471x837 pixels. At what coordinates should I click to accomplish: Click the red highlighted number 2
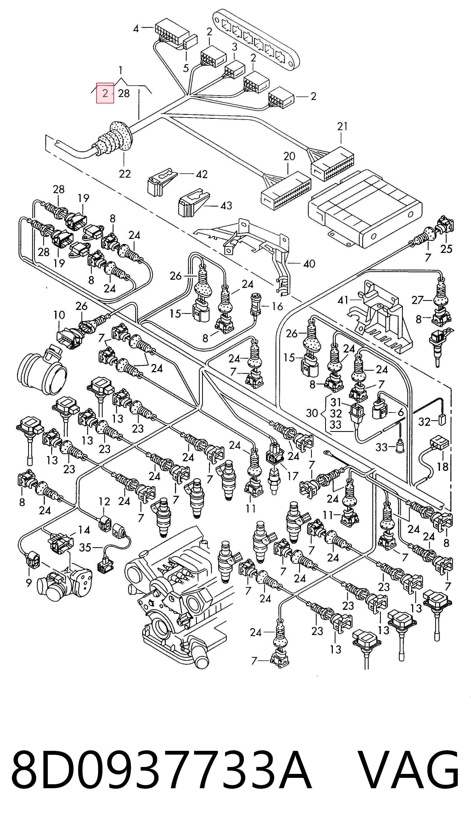pos(105,93)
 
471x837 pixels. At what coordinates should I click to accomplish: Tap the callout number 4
pos(136,29)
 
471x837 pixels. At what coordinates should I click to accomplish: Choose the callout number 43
pos(226,205)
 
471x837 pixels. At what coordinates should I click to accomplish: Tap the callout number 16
pos(277,306)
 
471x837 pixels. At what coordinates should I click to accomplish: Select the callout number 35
pos(85,548)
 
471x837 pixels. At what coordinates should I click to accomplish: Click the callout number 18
pos(442,467)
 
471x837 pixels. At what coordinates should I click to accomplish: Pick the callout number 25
pos(446,249)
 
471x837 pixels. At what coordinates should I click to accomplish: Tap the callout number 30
pos(312,413)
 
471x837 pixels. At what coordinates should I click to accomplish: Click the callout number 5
pos(186,68)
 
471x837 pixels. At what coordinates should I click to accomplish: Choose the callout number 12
pos(104,501)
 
